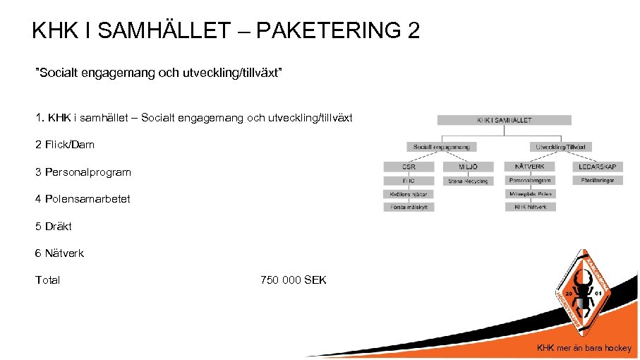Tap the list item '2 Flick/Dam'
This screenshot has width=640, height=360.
(x=65, y=145)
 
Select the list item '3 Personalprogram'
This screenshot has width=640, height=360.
(x=83, y=172)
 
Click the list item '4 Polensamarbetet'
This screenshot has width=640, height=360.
(x=83, y=199)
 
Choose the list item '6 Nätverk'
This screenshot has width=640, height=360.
(x=59, y=253)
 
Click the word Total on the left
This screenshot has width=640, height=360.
(x=48, y=280)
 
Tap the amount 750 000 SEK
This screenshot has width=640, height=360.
(x=294, y=280)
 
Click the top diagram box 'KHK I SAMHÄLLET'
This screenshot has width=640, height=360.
(x=504, y=121)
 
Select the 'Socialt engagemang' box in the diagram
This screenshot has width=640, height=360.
(x=441, y=147)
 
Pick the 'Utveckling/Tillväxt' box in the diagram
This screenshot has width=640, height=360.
(x=561, y=147)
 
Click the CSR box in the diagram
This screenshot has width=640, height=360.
(x=409, y=167)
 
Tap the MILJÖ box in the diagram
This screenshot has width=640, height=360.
(x=468, y=167)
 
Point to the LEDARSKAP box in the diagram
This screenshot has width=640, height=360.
(x=598, y=167)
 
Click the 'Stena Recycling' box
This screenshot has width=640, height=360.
(x=468, y=181)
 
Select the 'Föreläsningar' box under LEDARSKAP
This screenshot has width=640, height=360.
(x=598, y=181)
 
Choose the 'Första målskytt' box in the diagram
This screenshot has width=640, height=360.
(x=409, y=207)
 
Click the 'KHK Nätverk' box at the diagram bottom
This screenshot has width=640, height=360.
(x=530, y=207)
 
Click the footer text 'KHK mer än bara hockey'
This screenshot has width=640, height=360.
(x=584, y=347)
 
